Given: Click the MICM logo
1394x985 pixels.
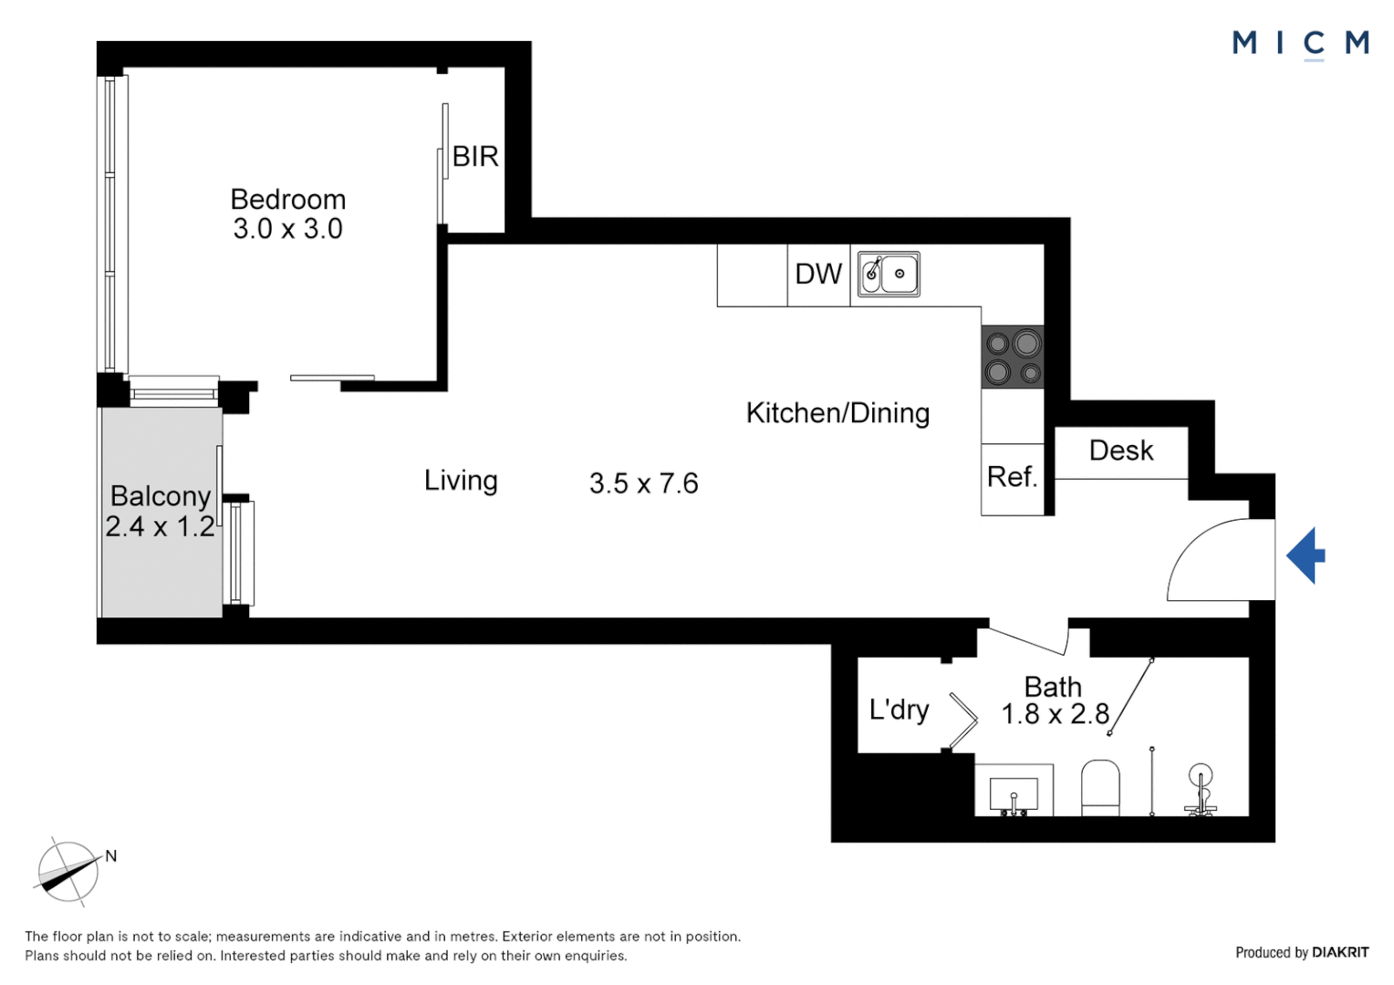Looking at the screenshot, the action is (x=1300, y=44).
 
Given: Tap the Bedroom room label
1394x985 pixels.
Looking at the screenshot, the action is (x=288, y=200).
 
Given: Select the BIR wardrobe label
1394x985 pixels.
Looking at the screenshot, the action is (x=475, y=157).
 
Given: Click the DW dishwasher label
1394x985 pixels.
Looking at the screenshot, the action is (x=818, y=274).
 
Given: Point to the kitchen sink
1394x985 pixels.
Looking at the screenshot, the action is (x=889, y=274).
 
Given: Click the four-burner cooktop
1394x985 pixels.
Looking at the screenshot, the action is (x=1013, y=358).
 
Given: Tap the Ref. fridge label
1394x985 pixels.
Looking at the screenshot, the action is (x=1013, y=477).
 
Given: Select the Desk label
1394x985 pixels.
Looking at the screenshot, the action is (x=1121, y=451).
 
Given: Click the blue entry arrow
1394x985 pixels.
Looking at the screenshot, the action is (x=1306, y=555).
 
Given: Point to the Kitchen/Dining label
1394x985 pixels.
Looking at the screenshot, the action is (x=837, y=413).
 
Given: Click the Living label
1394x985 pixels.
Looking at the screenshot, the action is (x=461, y=481).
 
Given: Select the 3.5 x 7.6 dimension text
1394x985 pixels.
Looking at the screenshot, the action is (x=644, y=483).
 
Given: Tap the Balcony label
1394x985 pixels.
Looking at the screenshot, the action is (x=161, y=496).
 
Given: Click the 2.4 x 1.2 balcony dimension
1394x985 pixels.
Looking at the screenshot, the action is (x=160, y=527).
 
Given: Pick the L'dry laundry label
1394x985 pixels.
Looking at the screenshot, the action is (x=899, y=710).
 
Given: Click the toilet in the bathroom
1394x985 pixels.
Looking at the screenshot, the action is (x=1100, y=787).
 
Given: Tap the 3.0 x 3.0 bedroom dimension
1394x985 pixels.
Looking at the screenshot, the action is (x=288, y=229).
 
